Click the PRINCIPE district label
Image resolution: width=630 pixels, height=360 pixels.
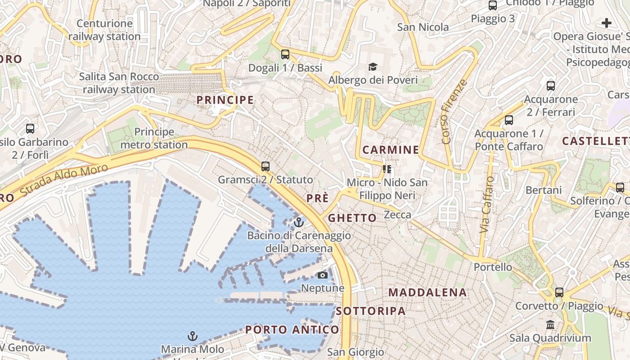click(x=225, y=100)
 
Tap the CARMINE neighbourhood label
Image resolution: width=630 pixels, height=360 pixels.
click(x=391, y=150)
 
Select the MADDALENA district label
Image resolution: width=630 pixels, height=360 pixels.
click(x=427, y=292)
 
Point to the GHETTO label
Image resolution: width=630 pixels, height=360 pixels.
click(x=352, y=218)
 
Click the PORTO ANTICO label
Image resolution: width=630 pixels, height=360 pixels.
click(x=292, y=330)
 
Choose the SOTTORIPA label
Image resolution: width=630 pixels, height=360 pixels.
click(x=371, y=311)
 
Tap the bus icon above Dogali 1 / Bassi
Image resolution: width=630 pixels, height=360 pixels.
click(x=285, y=54)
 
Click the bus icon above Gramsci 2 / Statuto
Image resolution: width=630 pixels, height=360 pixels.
click(x=265, y=166)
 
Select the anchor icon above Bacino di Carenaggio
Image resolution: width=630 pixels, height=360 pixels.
click(x=298, y=222)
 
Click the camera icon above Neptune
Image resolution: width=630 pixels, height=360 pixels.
click(x=323, y=275)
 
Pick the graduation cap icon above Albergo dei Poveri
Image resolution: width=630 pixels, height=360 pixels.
click(x=373, y=67)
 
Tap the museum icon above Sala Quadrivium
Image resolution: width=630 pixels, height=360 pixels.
click(x=550, y=324)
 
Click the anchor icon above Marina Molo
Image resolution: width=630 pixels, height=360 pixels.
click(x=192, y=336)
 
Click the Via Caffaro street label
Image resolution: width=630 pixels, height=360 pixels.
click(x=487, y=205)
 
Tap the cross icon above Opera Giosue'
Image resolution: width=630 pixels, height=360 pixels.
click(x=607, y=23)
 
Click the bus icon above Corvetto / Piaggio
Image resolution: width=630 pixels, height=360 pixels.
click(x=559, y=292)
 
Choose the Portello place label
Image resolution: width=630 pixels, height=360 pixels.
click(x=493, y=267)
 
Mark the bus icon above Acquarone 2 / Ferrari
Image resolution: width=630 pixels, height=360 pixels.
click(x=551, y=86)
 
